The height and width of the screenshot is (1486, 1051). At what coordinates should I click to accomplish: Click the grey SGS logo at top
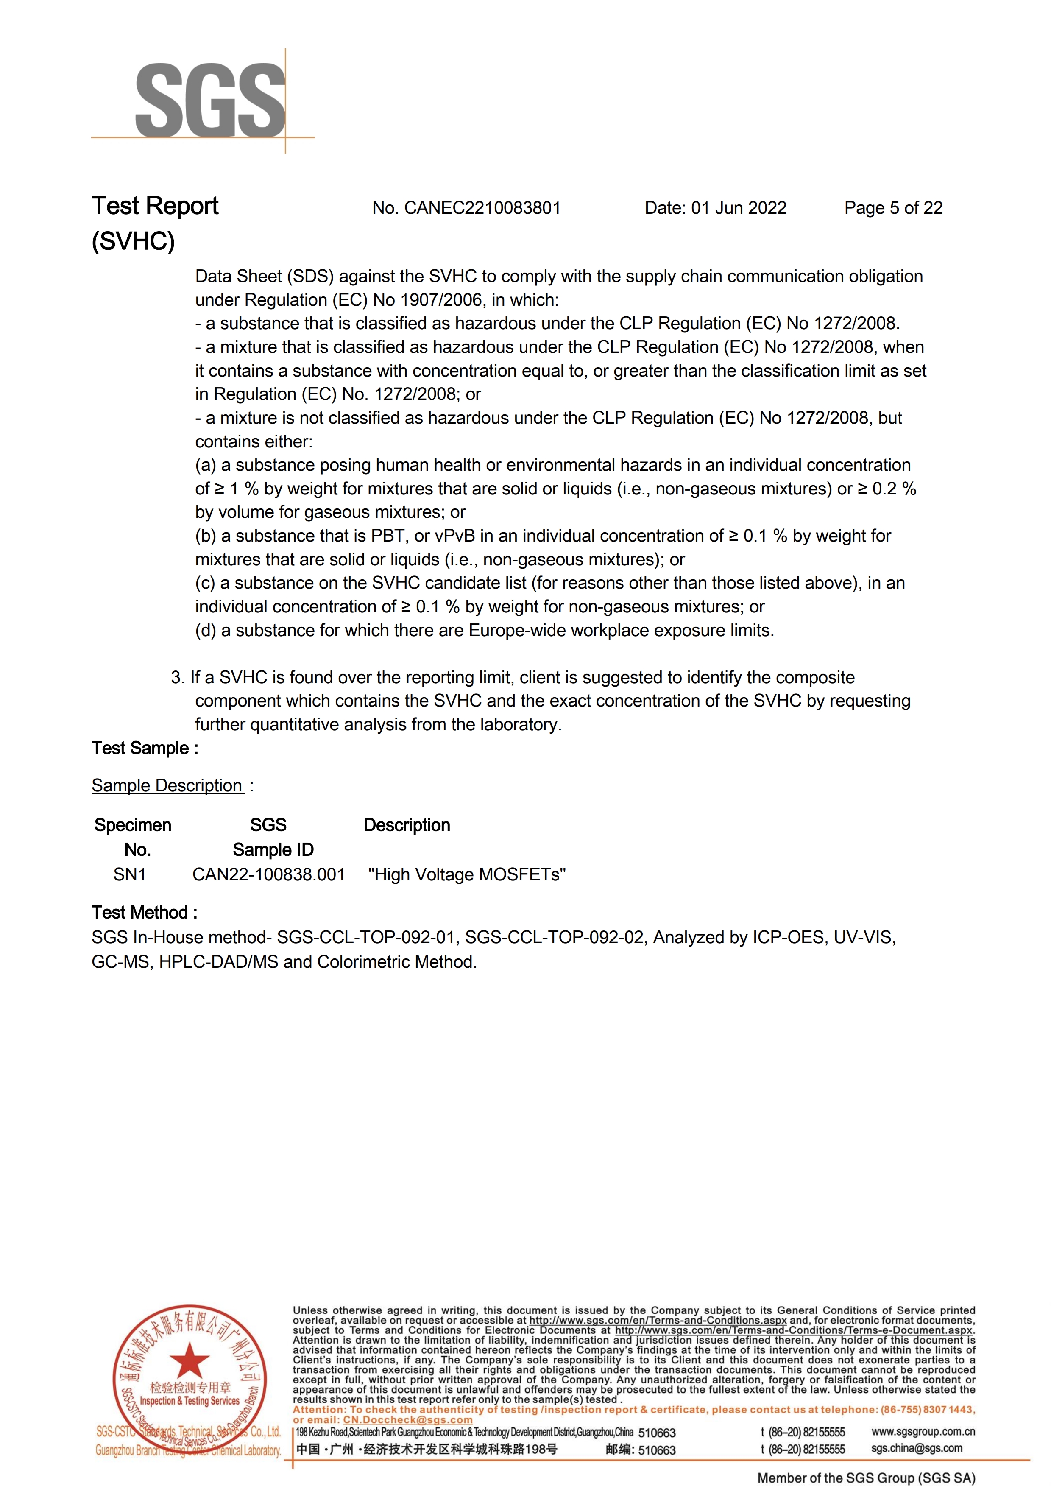coord(210,101)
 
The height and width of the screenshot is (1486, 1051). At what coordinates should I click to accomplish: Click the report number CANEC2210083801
coord(482,208)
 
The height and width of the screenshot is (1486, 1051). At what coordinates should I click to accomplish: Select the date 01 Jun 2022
coord(739,208)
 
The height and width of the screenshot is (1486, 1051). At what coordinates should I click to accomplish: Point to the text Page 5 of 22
coord(893,208)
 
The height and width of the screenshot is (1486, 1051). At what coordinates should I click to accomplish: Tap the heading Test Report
coord(155,206)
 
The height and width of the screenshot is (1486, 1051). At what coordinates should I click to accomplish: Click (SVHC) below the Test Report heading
coord(133,241)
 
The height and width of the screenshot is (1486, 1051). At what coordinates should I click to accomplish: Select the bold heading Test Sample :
coord(145,748)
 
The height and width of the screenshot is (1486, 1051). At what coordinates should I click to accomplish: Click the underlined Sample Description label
coord(167,786)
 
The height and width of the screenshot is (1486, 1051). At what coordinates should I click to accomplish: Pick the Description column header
coord(407,825)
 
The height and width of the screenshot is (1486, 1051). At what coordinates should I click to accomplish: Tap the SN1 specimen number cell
coord(129,875)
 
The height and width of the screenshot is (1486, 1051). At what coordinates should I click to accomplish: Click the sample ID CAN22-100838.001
coord(268,875)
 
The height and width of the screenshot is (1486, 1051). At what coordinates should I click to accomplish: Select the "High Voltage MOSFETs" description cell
coord(467,875)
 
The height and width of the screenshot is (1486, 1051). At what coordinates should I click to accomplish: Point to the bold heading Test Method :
coord(144,913)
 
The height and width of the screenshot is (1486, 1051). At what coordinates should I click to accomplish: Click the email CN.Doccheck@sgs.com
coord(408,1420)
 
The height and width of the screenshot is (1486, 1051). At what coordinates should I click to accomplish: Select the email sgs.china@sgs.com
coord(916,1448)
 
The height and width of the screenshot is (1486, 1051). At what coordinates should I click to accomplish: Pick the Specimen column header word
coord(133,825)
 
